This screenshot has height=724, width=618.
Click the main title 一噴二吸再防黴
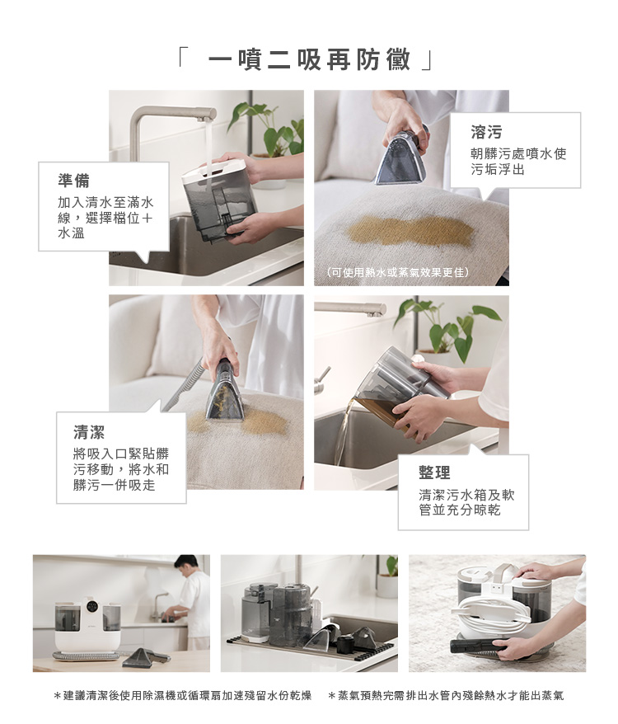point(309,59)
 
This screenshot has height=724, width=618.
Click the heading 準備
point(74,181)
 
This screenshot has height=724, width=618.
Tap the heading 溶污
point(486,132)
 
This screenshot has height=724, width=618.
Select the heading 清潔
point(89,432)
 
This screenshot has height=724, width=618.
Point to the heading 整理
point(434,472)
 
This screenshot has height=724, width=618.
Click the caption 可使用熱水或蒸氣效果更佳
point(398,272)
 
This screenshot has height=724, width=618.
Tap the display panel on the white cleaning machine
point(91,609)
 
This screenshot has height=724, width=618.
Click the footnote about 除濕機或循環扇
point(183,695)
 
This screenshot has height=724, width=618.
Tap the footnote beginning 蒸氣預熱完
point(446,695)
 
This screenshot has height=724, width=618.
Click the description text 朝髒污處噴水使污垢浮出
point(517,161)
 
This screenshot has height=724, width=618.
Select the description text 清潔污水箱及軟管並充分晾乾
point(466,502)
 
